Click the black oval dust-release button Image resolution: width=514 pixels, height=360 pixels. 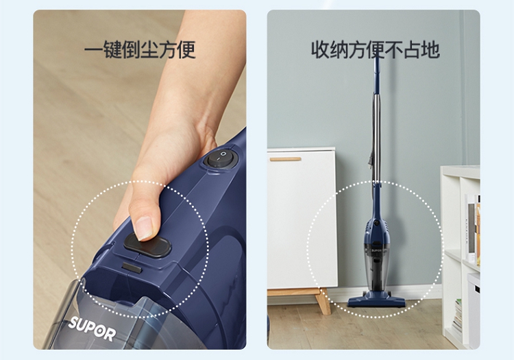[x=147, y=245]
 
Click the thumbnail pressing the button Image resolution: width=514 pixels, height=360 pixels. [x=143, y=228]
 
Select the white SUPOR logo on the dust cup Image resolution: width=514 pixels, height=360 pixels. [x=92, y=328]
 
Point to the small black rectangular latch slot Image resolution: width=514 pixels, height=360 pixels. [x=132, y=267]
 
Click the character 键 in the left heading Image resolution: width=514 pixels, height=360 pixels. [x=112, y=49]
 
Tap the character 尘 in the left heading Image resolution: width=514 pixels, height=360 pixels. [x=149, y=49]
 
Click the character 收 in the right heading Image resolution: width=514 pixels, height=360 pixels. [x=320, y=49]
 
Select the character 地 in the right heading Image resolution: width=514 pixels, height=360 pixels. [x=431, y=49]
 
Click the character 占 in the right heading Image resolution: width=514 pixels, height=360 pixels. [x=413, y=49]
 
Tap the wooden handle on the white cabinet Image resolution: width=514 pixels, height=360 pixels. [x=285, y=159]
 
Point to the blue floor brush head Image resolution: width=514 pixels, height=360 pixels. [x=376, y=300]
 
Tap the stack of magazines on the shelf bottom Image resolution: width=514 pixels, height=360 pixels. [x=457, y=316]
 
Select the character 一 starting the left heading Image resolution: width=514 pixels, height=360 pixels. [x=93, y=49]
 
